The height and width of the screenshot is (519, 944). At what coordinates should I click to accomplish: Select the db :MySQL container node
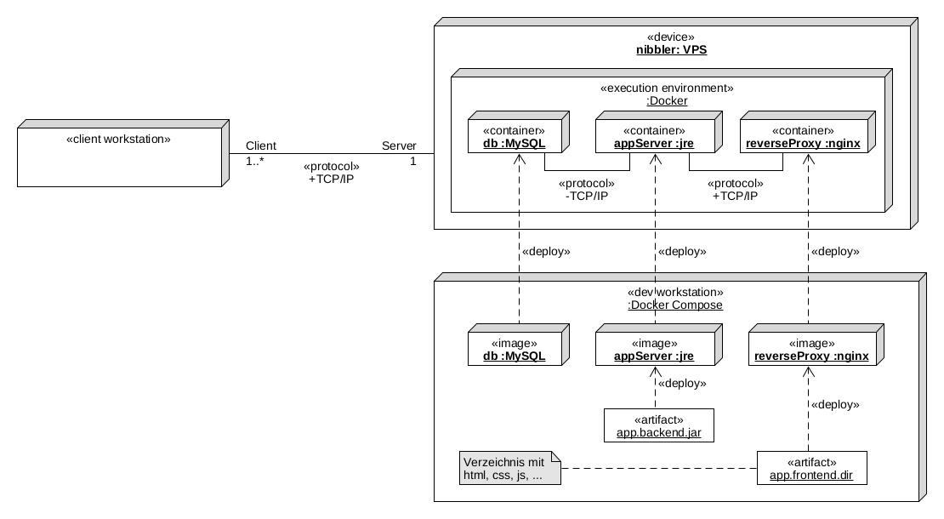tap(515, 138)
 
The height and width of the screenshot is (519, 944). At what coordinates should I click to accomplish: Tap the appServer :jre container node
tap(655, 138)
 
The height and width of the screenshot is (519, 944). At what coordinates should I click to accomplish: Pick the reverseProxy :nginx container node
tap(803, 138)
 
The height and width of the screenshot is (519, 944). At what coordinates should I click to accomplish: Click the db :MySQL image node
tap(515, 350)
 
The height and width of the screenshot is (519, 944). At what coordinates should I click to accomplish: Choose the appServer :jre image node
tap(655, 350)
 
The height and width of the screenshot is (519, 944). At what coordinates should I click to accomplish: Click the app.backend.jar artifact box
tap(659, 426)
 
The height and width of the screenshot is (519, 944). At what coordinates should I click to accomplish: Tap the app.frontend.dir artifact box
tap(811, 469)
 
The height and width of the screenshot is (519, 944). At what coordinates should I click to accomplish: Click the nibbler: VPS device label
tap(671, 50)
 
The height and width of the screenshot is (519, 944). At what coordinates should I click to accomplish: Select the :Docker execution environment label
tap(667, 100)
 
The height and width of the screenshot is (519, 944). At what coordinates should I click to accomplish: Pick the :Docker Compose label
tap(675, 305)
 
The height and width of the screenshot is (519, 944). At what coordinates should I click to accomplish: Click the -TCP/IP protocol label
tap(586, 196)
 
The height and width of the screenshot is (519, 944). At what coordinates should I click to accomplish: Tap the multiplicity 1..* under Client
tap(255, 161)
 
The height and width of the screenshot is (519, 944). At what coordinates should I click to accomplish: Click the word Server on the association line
tap(399, 145)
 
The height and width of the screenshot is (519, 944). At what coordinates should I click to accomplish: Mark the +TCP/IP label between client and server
tap(332, 179)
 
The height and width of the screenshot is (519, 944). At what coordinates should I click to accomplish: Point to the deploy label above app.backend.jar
tap(682, 384)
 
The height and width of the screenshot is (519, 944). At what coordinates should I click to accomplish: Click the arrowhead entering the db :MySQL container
tap(518, 161)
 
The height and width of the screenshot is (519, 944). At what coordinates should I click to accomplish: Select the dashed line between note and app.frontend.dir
tap(659, 468)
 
